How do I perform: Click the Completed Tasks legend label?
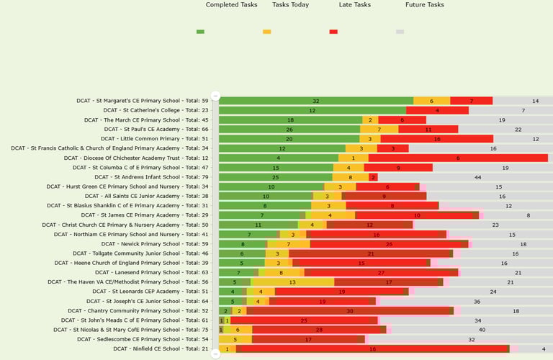(231, 5)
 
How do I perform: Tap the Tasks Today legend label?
(290, 5)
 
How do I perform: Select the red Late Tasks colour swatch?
(333, 32)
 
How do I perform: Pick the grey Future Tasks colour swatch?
(400, 32)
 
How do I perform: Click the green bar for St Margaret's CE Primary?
(315, 101)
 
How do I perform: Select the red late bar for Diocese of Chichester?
(457, 158)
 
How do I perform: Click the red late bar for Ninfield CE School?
(372, 348)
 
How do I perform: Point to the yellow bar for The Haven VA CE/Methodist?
(292, 282)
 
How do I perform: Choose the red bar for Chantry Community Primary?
(350, 310)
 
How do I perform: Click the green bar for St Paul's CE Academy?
(289, 130)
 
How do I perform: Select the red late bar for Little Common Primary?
(436, 139)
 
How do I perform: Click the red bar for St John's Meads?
(304, 320)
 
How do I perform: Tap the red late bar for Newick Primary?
(389, 243)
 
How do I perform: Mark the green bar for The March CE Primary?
(290, 120)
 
